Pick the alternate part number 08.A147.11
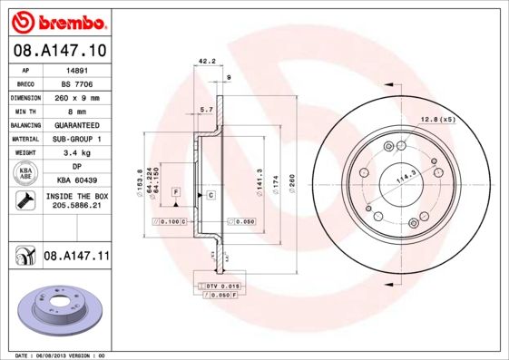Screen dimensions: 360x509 click(76, 257)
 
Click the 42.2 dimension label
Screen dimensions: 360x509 click(206, 62)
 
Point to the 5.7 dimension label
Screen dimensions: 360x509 click(206, 110)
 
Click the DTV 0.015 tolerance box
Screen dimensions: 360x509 click(220, 286)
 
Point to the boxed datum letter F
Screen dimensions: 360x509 click(176, 192)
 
